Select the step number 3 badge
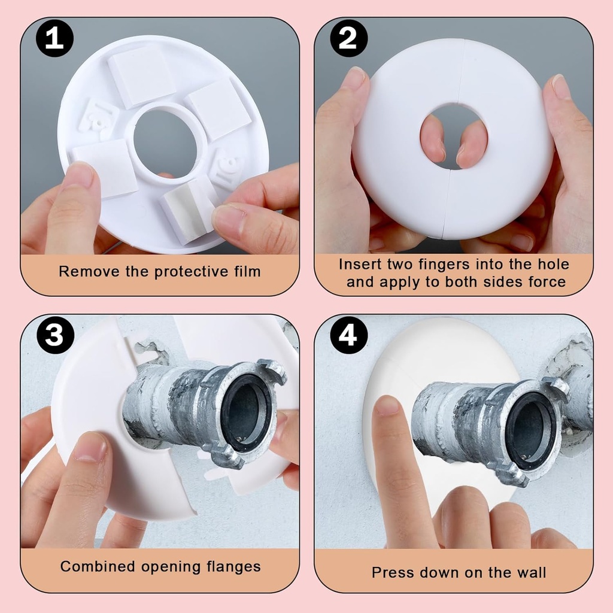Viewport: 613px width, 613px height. click(54, 334)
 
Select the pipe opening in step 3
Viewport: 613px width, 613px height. click(246, 410)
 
